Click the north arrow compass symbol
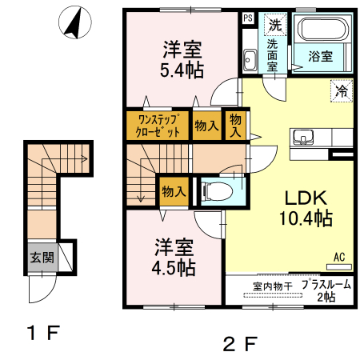[x=75, y=22]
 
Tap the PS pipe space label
[x=248, y=18]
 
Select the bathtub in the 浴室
[x=325, y=29]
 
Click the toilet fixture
[x=217, y=191]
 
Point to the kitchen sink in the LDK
[x=303, y=138]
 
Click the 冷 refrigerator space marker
[x=342, y=91]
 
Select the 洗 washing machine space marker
[x=275, y=25]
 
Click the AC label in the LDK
[x=339, y=257]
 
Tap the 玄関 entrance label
[x=42, y=258]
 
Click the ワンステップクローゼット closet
[x=158, y=126]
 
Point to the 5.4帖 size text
[x=182, y=70]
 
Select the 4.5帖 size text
[x=174, y=268]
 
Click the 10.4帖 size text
[x=306, y=218]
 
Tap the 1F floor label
[x=44, y=333]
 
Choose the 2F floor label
[x=240, y=344]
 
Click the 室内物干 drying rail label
[x=273, y=286]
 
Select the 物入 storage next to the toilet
[x=174, y=191]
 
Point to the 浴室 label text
[x=321, y=57]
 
